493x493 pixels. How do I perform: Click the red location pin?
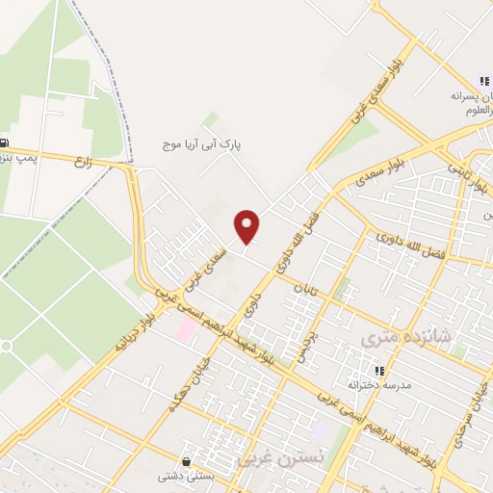(x=248, y=226)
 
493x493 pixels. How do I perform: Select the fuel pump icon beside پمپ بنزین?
(x=5, y=142)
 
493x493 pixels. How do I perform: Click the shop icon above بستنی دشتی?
(x=187, y=461)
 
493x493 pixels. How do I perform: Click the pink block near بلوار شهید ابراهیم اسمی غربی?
(x=184, y=328)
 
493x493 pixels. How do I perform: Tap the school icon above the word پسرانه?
(x=483, y=82)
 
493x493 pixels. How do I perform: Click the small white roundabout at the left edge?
(x=6, y=345)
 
